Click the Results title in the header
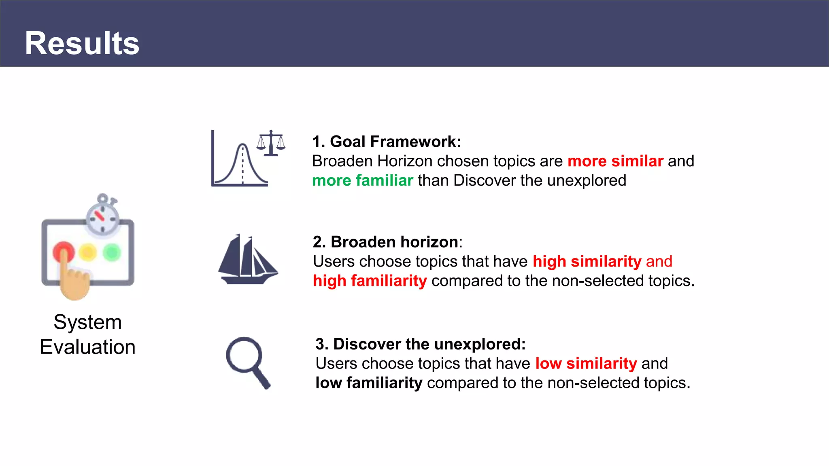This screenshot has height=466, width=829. (82, 43)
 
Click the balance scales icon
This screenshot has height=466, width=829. (271, 143)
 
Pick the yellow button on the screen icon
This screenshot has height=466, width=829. (88, 252)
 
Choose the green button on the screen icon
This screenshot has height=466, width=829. (112, 252)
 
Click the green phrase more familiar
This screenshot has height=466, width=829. (363, 180)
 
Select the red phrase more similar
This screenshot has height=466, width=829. (615, 161)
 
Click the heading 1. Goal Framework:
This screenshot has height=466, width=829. (387, 142)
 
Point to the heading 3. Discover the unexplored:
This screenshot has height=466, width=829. (420, 344)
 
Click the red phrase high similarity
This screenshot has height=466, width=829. (587, 261)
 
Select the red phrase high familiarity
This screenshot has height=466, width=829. (370, 281)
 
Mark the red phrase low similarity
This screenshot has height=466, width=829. (586, 363)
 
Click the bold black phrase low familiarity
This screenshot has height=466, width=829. (369, 383)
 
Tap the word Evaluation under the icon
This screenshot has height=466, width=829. (88, 347)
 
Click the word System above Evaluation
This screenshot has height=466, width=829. (88, 322)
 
